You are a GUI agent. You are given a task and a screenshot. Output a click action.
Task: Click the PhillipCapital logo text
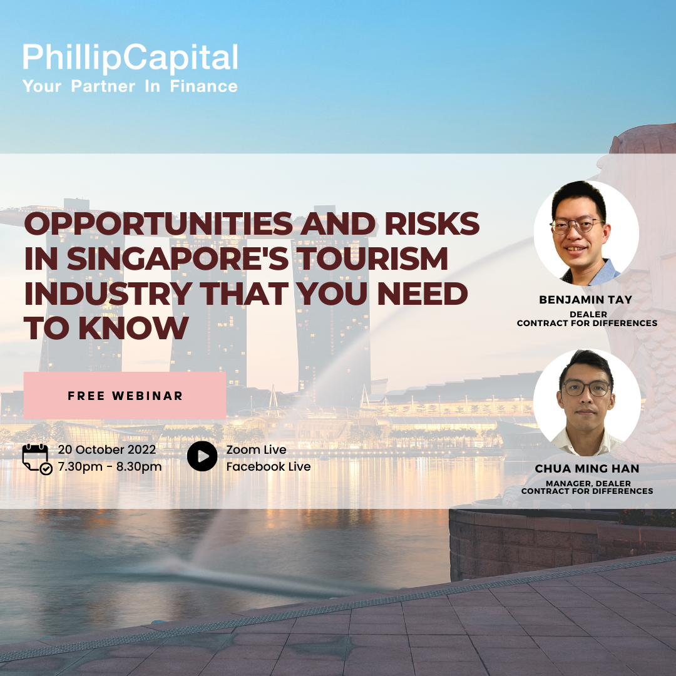click(x=130, y=58)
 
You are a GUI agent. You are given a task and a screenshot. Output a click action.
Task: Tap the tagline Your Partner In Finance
click(x=130, y=86)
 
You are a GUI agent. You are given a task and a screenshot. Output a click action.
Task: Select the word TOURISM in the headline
click(x=372, y=259)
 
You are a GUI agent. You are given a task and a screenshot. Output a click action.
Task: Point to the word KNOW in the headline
click(x=133, y=328)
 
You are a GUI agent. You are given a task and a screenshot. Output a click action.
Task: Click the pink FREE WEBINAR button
click(x=125, y=396)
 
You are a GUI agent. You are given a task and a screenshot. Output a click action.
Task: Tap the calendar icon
click(x=37, y=459)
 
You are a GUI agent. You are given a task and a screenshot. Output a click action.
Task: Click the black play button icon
click(x=202, y=456)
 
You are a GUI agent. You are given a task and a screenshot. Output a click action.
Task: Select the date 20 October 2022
click(x=107, y=449)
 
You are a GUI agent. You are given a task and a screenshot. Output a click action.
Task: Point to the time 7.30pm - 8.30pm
click(x=110, y=467)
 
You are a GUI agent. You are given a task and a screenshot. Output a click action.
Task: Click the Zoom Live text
click(x=256, y=449)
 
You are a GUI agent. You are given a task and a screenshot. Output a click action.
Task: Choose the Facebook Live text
click(x=268, y=467)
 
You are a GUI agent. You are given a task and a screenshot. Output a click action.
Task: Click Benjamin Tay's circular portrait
click(x=586, y=233)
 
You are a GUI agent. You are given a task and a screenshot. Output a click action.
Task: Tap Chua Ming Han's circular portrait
click(x=586, y=402)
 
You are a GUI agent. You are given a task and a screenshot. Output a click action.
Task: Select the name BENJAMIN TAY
click(x=585, y=300)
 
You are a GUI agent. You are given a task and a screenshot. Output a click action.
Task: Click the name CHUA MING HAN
click(x=586, y=469)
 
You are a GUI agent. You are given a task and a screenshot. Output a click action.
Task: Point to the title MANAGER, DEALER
click(x=588, y=484)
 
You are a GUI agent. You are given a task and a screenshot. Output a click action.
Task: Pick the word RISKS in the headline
click(x=432, y=223)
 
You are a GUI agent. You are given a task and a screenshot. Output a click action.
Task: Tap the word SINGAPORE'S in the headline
click(x=178, y=259)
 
